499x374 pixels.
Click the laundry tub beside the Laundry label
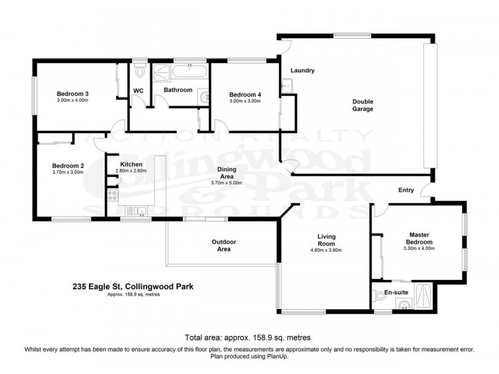[288, 86]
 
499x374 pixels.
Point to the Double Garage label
[362, 105]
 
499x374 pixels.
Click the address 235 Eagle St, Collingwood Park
[133, 287]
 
